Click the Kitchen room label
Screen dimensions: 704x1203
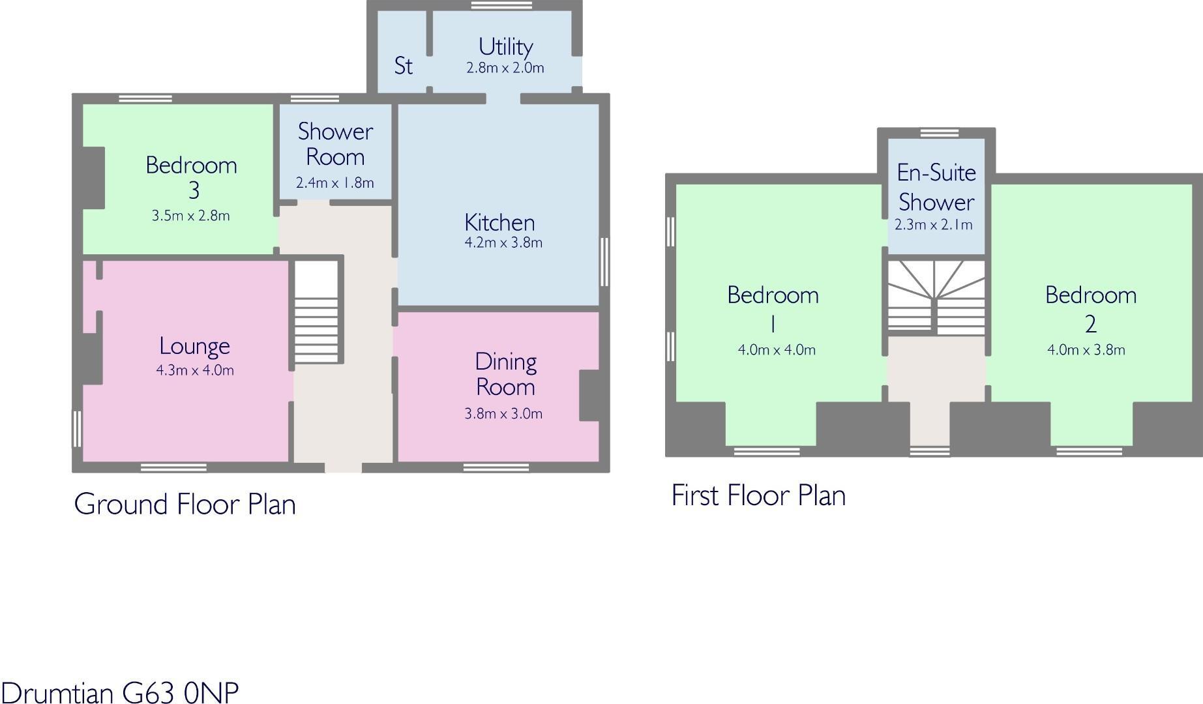click(x=499, y=223)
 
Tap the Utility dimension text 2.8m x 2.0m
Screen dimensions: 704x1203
click(x=505, y=68)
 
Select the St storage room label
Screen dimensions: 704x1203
click(x=403, y=66)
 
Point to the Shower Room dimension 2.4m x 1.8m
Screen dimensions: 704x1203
click(x=334, y=183)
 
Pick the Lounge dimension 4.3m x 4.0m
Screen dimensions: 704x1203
click(x=194, y=371)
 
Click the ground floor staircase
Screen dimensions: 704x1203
click(x=318, y=312)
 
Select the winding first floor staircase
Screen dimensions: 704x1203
click(x=936, y=298)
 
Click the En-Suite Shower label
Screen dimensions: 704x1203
click(x=936, y=187)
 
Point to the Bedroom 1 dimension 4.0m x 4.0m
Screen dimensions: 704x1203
click(x=776, y=350)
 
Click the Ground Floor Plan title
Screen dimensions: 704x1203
click(x=185, y=504)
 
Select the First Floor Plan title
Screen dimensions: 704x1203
click(x=758, y=495)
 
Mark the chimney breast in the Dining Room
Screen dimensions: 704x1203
click(x=589, y=395)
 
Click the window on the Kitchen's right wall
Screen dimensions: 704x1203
click(x=604, y=261)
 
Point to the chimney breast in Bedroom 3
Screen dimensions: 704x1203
click(x=92, y=179)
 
